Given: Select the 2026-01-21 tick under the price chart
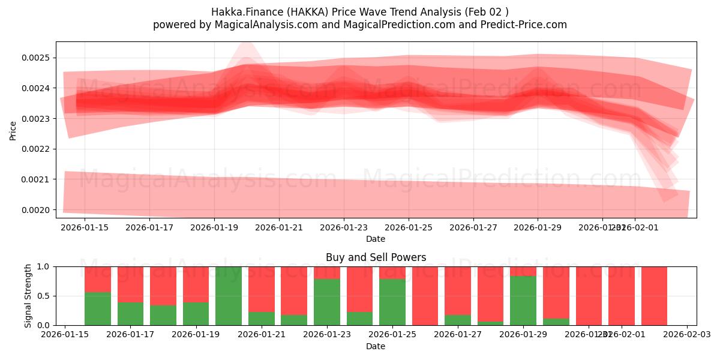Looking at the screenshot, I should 279,227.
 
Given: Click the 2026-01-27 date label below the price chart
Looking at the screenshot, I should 473,227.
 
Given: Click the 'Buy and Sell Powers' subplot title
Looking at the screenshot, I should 376,257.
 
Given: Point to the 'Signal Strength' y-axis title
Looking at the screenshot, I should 28,296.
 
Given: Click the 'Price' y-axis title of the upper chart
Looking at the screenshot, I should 13,130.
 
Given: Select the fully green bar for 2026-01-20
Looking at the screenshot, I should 229,296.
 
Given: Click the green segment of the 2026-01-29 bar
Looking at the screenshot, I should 523,301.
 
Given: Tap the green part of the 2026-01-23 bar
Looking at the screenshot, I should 327,302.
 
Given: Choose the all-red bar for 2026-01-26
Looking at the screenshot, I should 425,296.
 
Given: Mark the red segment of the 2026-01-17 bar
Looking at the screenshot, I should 130,284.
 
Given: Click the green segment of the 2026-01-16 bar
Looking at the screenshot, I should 98,308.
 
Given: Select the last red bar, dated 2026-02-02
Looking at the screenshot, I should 654,296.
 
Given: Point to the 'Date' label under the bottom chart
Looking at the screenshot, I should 376,346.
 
